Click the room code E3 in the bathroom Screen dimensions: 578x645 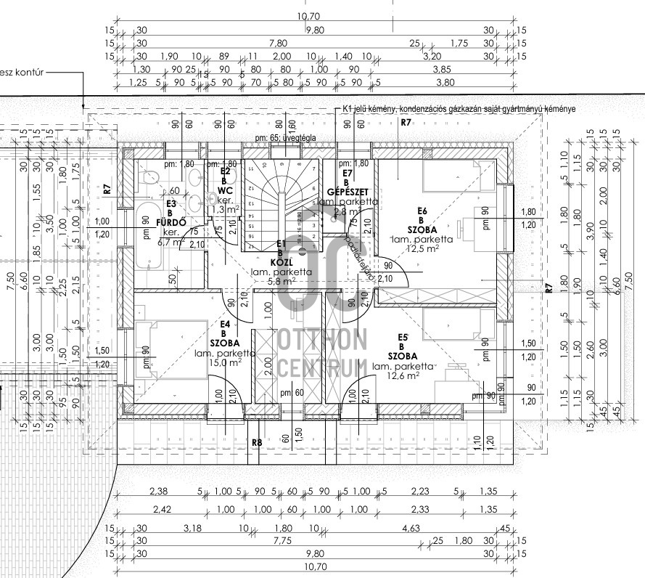171,204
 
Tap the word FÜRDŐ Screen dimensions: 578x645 172,222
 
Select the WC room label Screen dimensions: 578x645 225,190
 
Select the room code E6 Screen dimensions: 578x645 422,211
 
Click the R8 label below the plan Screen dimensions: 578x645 256,441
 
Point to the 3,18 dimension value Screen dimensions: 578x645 192,528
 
